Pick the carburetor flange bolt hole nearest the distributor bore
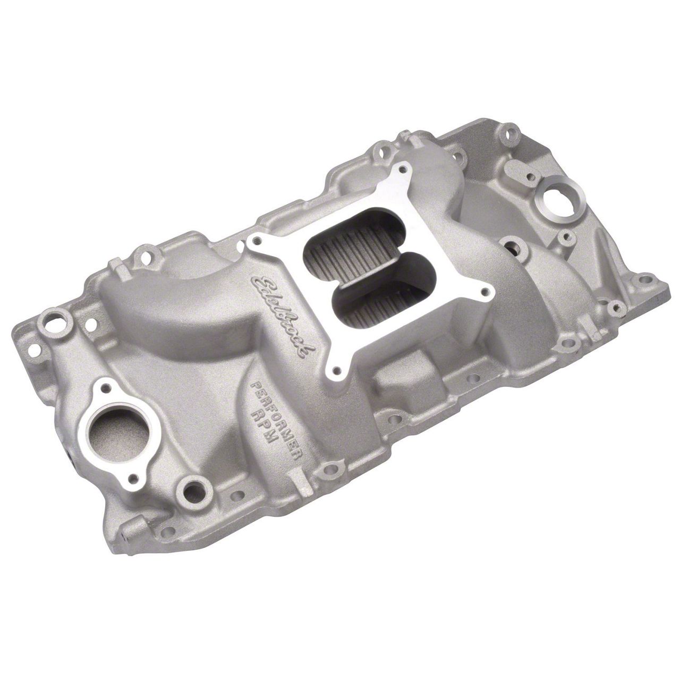point(484,291)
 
